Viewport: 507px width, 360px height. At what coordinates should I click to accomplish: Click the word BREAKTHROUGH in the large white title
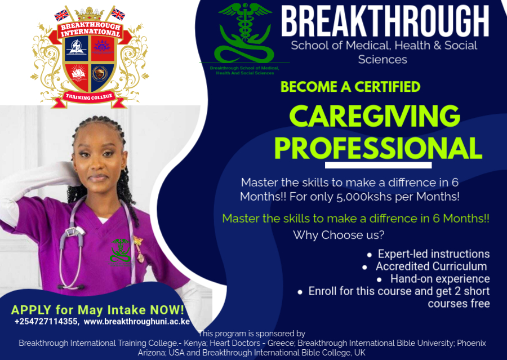(385, 22)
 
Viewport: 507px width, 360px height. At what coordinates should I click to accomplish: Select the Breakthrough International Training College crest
(89, 57)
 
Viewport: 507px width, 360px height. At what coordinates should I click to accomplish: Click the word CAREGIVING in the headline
(375, 116)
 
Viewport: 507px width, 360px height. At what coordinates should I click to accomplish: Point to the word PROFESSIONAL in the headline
(378, 148)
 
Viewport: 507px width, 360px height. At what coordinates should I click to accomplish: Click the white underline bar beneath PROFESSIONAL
(378, 165)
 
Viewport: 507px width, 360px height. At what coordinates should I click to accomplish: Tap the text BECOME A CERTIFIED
(350, 87)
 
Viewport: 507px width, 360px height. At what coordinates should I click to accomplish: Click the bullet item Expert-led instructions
(433, 254)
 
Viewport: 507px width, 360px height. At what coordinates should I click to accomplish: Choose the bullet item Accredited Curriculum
(431, 266)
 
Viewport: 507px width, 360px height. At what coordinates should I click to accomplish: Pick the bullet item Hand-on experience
(439, 279)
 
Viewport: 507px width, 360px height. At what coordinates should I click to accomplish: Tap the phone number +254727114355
(47, 322)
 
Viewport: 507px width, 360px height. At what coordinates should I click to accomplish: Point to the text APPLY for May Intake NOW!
(97, 310)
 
